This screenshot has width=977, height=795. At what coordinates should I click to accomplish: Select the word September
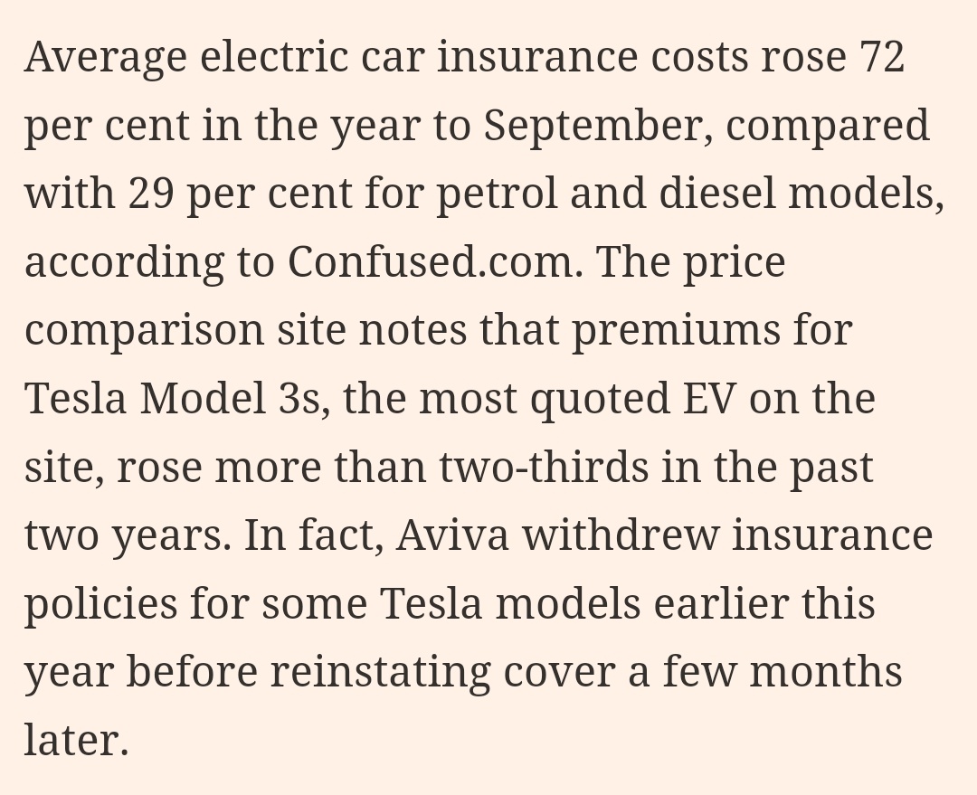pos(593,127)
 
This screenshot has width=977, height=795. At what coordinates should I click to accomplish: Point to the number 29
pos(151,194)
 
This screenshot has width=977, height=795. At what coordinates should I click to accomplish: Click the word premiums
pos(676,331)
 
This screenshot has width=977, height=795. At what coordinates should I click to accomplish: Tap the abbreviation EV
pos(709,399)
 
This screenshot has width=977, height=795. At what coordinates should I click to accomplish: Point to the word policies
pos(100,604)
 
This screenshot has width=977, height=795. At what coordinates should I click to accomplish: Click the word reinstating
pos(380,673)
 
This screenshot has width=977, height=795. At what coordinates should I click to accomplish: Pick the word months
pos(825,672)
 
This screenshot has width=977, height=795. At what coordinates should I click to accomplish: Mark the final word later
pos(76,741)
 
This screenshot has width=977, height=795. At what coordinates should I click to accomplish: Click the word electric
pos(274,57)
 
